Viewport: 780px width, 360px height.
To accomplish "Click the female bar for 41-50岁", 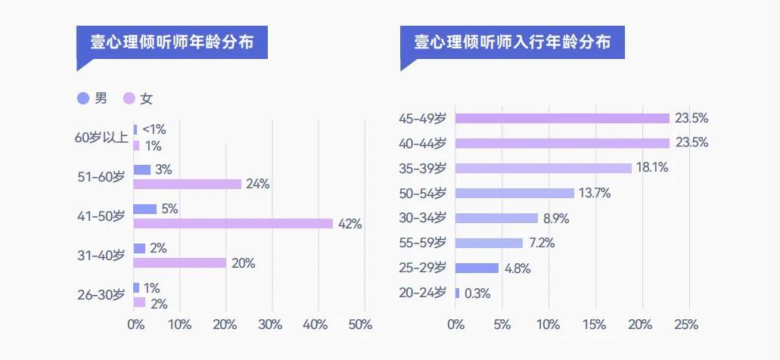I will click(x=233, y=223).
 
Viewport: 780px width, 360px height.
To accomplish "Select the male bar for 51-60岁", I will click(x=142, y=170).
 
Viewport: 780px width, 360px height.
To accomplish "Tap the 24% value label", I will click(x=258, y=184).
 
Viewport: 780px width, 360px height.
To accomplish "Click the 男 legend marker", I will click(x=83, y=98).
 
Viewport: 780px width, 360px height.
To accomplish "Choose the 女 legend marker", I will click(x=129, y=98).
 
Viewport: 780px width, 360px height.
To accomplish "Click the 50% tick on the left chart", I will click(x=360, y=324).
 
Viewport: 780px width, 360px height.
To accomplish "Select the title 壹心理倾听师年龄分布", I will click(x=174, y=42).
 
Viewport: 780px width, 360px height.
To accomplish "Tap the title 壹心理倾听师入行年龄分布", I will click(x=512, y=42).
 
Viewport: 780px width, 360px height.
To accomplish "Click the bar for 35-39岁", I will click(x=543, y=168).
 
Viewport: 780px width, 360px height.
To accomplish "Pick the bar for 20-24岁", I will click(x=457, y=293).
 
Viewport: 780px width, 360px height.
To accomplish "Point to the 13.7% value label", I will click(x=595, y=193).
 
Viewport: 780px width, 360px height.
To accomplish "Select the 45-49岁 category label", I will click(x=423, y=118).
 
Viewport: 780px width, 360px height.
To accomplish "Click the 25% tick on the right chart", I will click(x=686, y=324).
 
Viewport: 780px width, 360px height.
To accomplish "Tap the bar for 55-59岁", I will click(x=489, y=243).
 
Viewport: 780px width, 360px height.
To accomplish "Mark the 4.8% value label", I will click(x=517, y=268).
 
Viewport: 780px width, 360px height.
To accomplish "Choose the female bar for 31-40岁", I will click(x=180, y=262).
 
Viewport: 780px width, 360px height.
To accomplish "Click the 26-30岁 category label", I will click(x=101, y=295).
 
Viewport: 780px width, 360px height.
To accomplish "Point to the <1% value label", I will click(x=154, y=129).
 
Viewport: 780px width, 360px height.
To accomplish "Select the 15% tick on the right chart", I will click(x=594, y=324).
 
